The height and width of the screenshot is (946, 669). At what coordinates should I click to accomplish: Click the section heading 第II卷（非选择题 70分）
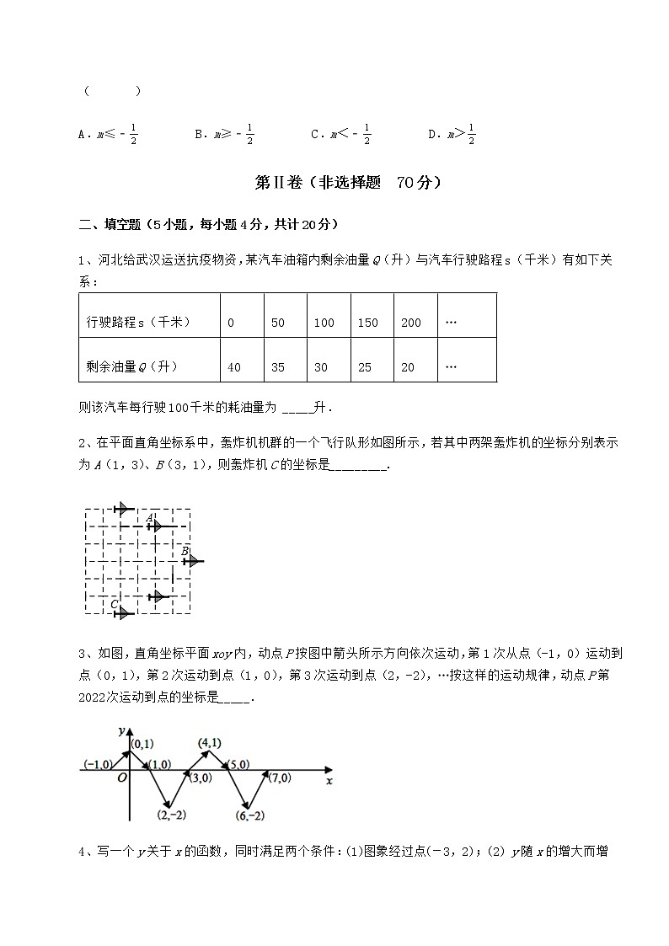coord(346,182)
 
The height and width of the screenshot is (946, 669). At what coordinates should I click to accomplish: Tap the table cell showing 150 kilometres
coord(367,323)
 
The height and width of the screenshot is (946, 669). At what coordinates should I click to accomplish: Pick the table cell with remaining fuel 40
coord(234,367)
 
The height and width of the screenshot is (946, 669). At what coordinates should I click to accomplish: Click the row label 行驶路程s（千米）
coord(139,323)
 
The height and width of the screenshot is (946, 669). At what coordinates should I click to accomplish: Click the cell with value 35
coord(279,367)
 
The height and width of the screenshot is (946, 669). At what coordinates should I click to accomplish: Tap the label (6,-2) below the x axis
coord(251,815)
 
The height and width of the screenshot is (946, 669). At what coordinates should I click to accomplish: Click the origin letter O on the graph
coord(122,778)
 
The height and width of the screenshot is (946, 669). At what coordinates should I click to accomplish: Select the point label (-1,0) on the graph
coord(98,764)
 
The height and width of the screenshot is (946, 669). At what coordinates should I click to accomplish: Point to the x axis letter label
coord(329,781)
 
